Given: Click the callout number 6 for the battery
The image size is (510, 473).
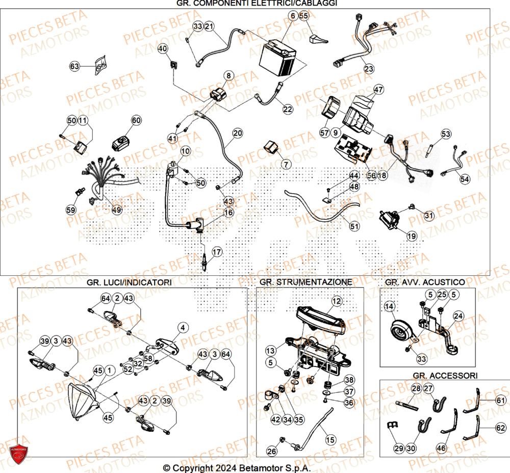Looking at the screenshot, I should coord(293,16).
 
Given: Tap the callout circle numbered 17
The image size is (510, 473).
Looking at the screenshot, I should coord(217,252).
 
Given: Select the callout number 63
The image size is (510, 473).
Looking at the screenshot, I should coord(75,66).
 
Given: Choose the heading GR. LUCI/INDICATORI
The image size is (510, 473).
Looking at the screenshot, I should coord(129,282).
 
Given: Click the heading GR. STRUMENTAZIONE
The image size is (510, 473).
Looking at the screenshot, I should coord(305,282).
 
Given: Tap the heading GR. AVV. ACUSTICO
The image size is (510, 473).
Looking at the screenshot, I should coord(425,282).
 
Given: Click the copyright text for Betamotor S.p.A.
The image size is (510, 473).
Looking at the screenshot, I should coord(237,468).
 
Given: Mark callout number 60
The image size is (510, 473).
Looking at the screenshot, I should coord(136,120).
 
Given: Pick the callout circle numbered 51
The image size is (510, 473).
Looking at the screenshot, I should coord(354,226).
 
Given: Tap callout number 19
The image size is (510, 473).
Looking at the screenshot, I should coord(411,235).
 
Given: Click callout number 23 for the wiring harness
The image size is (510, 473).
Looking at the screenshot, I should coord(368,69).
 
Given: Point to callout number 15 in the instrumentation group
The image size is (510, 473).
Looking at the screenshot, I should coord(330,439).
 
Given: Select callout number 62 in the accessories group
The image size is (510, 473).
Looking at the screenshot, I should coord(501,428).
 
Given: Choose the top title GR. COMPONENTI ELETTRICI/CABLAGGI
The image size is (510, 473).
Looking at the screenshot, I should coord(257,4).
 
